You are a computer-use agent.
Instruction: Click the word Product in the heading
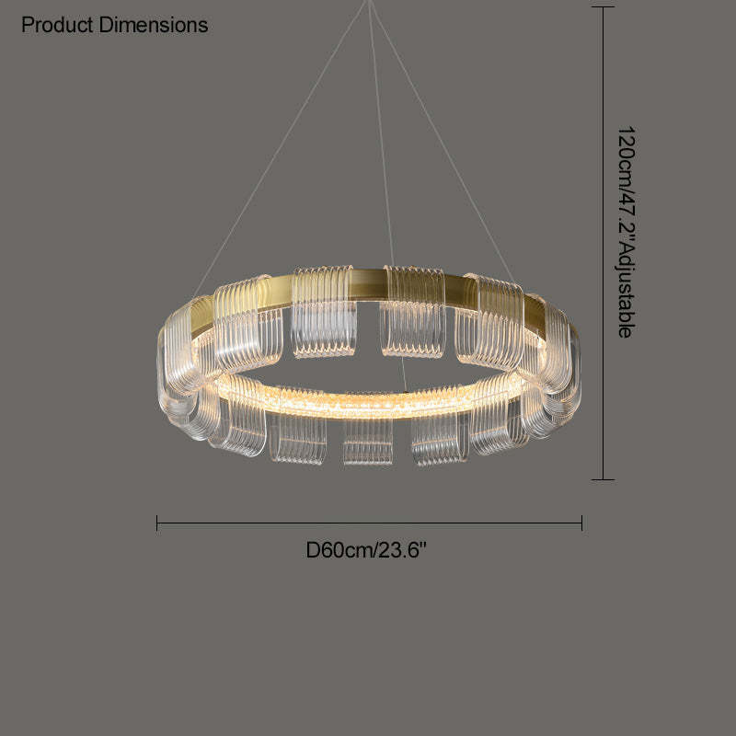[57, 25]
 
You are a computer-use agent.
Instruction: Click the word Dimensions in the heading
[154, 25]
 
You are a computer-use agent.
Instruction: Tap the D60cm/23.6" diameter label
[366, 549]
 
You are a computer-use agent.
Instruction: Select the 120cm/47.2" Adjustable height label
[627, 232]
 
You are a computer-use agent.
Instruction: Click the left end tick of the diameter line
[156, 523]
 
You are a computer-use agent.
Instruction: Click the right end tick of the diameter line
[582, 523]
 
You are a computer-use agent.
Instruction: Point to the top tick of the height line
[603, 7]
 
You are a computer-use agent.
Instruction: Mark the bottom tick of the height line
[603, 479]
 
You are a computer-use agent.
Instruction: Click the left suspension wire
[281, 148]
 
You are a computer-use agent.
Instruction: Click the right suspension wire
[443, 143]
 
